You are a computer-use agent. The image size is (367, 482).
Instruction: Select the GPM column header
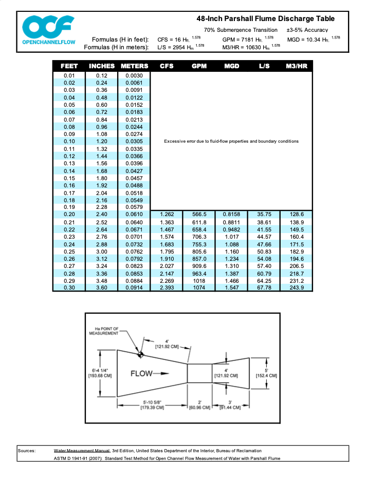(199, 66)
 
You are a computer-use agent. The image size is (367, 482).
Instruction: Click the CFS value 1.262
(167, 214)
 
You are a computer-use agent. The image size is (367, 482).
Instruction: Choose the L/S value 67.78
(264, 287)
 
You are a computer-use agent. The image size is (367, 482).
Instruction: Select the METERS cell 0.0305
(134, 141)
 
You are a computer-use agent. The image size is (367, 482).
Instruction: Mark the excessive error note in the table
(231, 141)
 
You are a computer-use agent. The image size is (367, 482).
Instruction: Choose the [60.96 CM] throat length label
(199, 408)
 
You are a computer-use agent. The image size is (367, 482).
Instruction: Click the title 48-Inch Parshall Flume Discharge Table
(265, 18)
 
